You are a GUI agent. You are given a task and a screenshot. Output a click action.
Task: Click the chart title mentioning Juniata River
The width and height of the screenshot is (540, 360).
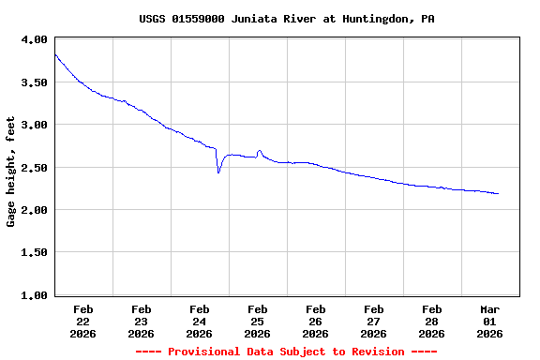(x=286, y=19)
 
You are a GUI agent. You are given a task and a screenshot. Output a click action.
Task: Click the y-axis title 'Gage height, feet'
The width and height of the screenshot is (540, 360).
(x=11, y=172)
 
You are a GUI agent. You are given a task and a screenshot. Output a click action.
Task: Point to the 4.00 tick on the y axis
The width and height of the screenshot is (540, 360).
(x=34, y=39)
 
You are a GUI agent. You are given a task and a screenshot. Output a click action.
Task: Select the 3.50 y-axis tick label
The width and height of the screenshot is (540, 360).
(x=34, y=82)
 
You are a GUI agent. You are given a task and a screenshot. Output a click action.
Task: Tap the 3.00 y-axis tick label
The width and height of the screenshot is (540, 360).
(x=34, y=125)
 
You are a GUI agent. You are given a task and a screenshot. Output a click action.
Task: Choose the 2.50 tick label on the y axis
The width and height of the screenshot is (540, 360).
(x=34, y=168)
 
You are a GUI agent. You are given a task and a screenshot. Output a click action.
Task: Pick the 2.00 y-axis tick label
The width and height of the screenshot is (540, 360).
(x=34, y=210)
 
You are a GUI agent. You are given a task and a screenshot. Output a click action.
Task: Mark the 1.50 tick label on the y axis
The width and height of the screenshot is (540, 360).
(x=34, y=253)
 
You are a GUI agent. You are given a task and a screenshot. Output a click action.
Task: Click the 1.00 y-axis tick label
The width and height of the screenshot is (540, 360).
(x=34, y=295)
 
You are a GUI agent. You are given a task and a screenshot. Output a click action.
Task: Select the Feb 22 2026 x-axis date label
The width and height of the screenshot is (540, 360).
(x=83, y=321)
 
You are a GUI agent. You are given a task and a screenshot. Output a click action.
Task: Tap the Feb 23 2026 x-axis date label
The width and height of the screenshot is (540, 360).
(x=142, y=321)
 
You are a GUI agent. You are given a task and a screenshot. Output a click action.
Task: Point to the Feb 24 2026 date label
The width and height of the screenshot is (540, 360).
(x=200, y=321)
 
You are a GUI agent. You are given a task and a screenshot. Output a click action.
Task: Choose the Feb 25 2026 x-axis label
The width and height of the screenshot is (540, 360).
(x=258, y=321)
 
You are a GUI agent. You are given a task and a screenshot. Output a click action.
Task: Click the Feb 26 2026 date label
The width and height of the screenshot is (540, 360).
(x=316, y=321)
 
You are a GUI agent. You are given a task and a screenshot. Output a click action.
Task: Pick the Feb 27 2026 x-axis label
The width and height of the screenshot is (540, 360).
(x=374, y=321)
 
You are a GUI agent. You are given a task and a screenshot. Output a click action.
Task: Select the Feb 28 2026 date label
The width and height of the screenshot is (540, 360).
(x=432, y=321)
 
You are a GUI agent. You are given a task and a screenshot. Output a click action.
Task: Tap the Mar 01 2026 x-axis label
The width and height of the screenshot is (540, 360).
(x=490, y=321)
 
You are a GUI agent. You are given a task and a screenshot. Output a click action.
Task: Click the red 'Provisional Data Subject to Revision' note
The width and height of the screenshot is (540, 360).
(x=286, y=352)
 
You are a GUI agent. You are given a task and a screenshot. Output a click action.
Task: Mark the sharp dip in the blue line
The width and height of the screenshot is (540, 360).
(x=218, y=172)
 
